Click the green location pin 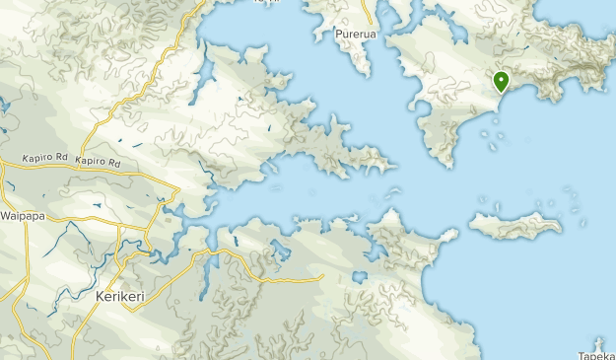point(502,82)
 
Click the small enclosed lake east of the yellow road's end point(360,278)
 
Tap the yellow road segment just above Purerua point(368,13)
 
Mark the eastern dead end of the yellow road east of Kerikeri point(322,277)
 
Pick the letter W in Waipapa point(5,215)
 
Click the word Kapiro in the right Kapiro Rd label point(90,162)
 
